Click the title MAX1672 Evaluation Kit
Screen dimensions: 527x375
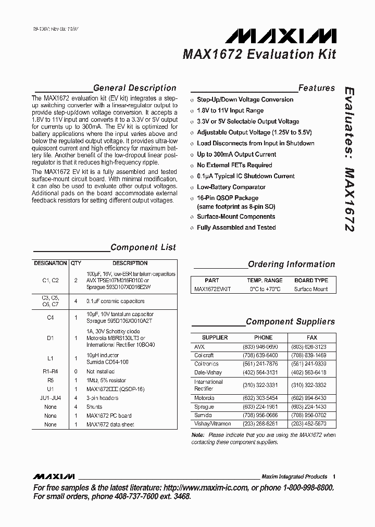(259, 55)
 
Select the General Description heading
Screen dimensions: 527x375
(134, 88)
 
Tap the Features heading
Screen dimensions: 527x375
(316, 88)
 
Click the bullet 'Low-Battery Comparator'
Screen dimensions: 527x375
(231, 187)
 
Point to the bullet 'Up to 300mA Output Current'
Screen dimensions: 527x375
(236, 154)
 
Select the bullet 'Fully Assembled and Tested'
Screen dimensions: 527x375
(236, 228)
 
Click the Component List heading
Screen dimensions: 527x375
(143, 247)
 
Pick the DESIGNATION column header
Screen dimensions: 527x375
(51, 263)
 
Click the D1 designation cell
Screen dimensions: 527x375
(51, 338)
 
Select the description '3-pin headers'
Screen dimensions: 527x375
(103, 398)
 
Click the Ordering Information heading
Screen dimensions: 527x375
(291, 264)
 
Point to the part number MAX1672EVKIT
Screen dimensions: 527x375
(212, 289)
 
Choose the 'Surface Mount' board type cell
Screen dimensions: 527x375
(311, 289)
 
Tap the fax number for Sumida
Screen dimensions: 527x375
(312, 416)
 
